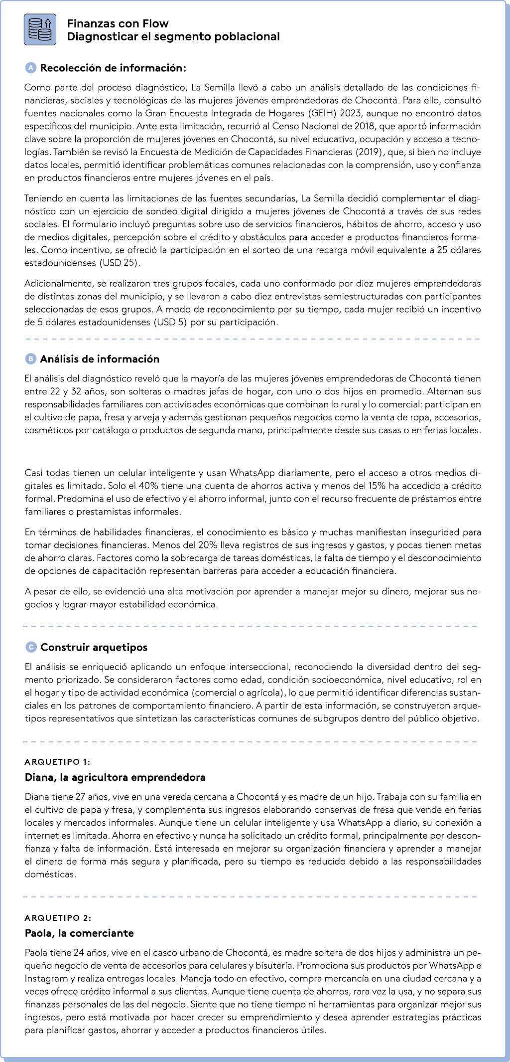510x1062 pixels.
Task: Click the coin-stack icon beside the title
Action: coord(40,29)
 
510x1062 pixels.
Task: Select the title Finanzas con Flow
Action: coord(118,23)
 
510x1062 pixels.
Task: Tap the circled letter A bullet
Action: coord(30,67)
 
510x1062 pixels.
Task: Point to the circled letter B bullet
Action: coord(30,358)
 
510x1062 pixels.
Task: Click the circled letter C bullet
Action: coord(31,647)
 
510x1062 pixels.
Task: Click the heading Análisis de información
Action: coord(100,359)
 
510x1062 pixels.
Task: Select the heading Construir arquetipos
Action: coord(94,647)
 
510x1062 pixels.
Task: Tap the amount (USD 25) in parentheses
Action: coord(120,263)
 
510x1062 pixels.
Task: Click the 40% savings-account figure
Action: coord(148,486)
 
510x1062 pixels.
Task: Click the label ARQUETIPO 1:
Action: coord(58,762)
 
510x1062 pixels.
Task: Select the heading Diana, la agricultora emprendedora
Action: coord(115,777)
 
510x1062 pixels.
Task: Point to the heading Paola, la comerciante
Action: coord(79,933)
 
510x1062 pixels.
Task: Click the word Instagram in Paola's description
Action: coord(47,978)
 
